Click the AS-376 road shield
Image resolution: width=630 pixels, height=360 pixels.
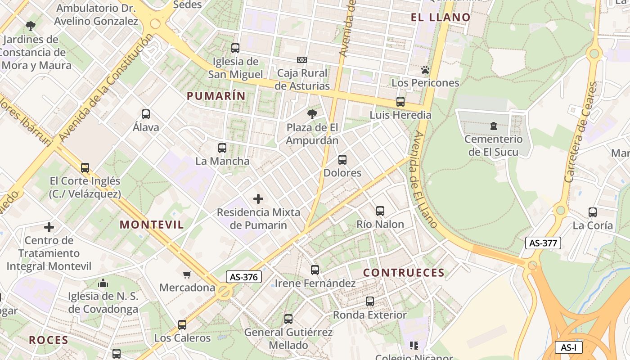pos(243,277)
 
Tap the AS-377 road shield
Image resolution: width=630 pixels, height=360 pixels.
pos(543,243)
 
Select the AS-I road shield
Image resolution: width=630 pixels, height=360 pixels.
pos(569,347)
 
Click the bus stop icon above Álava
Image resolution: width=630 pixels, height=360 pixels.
pos(146,114)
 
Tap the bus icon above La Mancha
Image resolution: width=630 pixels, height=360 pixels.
pos(222,148)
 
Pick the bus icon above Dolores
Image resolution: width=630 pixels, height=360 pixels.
pos(342,160)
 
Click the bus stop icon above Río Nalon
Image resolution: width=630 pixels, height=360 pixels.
pos(380,211)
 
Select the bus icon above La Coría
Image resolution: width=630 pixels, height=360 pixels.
pos(593,212)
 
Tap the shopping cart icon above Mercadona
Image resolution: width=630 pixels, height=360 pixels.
pos(187,274)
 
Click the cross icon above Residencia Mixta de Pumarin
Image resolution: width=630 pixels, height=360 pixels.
pos(258,198)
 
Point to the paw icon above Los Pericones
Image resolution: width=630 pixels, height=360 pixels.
pos(425,70)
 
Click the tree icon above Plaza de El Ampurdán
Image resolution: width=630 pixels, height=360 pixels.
pos(312,114)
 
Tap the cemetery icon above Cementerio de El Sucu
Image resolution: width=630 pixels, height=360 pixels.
pos(494,126)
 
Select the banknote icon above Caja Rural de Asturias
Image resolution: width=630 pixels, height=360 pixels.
pos(302,60)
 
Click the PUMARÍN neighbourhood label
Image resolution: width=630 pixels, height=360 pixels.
pos(216,96)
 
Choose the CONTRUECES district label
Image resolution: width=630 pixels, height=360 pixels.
pos(404,273)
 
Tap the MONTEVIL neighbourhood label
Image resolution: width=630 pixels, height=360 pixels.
pos(152,225)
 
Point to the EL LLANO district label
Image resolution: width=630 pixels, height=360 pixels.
pos(441,18)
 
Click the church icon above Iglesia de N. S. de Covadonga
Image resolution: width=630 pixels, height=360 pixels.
pos(103,283)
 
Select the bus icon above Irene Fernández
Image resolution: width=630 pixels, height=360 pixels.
pos(315,270)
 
